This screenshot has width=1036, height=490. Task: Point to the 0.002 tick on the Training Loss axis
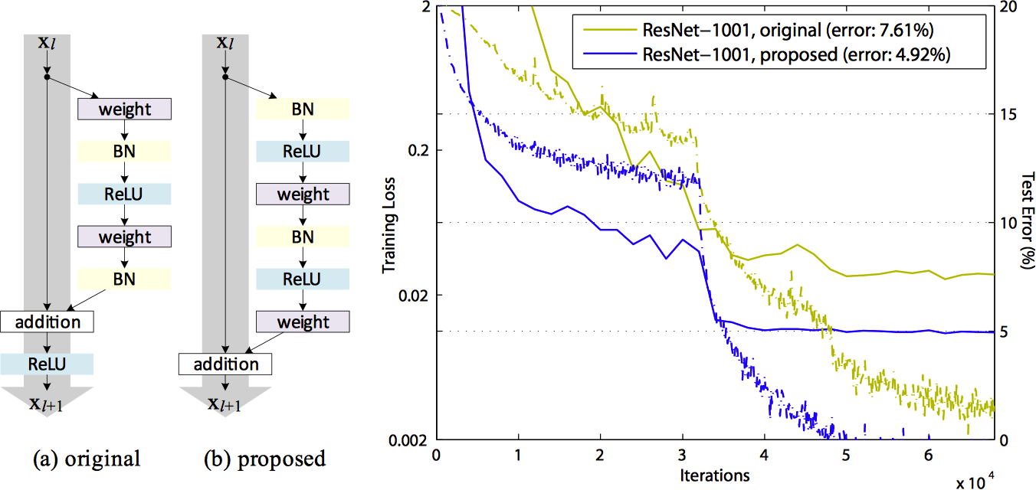coord(411,441)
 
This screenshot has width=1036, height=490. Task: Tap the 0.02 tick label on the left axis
coord(417,296)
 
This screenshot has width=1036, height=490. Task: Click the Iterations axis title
coord(714,475)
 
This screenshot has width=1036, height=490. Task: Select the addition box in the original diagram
coord(47,322)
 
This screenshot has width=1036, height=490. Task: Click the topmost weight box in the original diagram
coord(125,109)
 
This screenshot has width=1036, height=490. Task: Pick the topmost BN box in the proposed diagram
coord(303,109)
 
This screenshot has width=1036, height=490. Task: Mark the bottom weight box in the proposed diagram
coord(303,322)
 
